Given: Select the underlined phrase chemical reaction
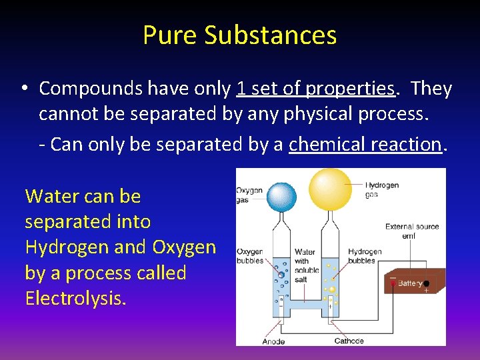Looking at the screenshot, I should click(365, 144).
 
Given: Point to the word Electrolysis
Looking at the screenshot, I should click(75, 298).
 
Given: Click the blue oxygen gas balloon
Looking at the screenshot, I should click(281, 197).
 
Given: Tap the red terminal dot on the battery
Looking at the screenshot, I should click(393, 283).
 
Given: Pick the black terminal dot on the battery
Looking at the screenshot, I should click(426, 283).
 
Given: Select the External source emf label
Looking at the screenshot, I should click(411, 230).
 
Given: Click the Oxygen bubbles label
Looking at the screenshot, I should click(250, 256).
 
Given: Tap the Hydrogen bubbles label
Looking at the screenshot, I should click(365, 256).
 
